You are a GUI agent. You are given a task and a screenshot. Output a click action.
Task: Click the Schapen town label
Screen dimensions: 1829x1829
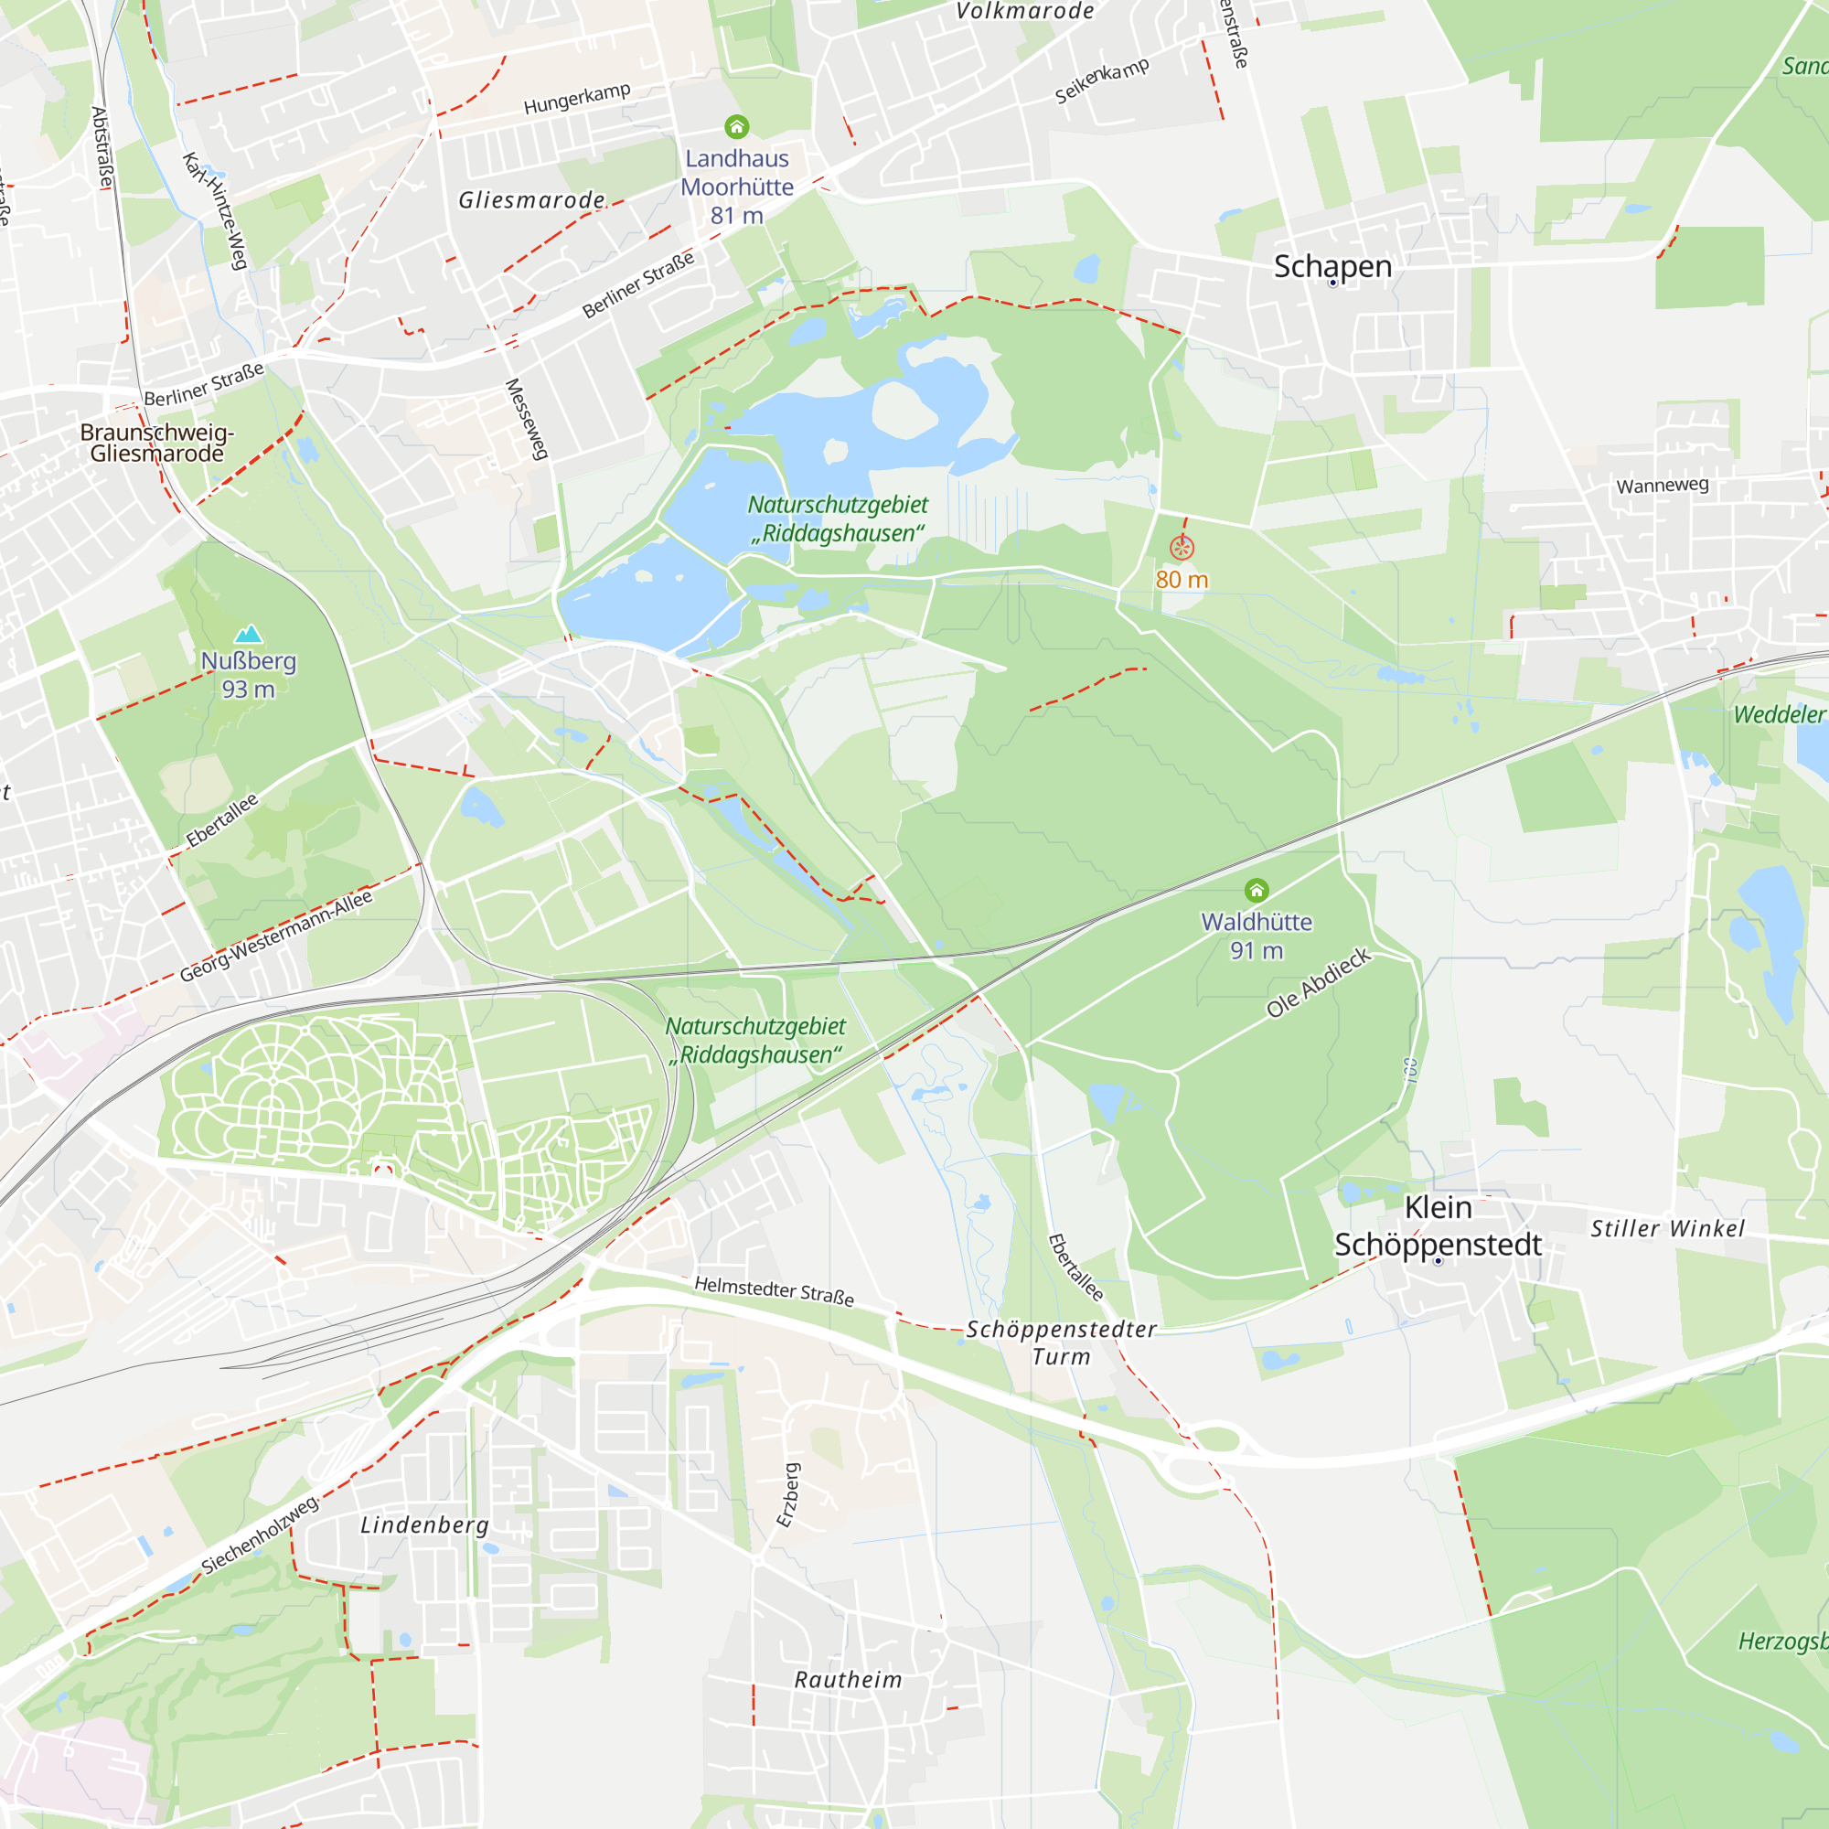point(1332,267)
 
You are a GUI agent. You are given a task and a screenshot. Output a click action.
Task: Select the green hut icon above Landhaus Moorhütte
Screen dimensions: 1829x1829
point(736,126)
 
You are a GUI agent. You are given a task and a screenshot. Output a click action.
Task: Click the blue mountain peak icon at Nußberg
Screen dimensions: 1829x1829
point(248,634)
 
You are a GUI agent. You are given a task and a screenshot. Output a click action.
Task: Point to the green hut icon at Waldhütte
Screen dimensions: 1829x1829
point(1257,889)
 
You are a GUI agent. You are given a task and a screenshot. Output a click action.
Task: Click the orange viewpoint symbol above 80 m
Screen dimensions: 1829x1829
point(1182,547)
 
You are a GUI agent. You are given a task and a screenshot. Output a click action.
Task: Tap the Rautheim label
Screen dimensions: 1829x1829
point(848,1680)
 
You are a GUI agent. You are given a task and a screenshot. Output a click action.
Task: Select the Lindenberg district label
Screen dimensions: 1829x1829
point(425,1525)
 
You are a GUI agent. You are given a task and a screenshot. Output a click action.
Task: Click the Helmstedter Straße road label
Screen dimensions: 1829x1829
point(775,1290)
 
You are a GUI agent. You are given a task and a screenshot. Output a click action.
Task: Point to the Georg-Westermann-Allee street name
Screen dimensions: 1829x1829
point(276,936)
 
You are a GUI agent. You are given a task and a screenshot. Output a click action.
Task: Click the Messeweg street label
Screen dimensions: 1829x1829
point(528,420)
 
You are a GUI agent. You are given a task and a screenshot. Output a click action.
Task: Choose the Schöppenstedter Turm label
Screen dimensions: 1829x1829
point(1061,1342)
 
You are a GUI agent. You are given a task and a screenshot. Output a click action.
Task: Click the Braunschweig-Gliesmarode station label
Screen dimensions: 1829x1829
point(157,443)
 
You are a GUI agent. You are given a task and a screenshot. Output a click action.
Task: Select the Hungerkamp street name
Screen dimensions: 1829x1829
point(576,99)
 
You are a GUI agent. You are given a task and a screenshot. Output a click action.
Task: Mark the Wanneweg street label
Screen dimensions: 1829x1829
point(1663,486)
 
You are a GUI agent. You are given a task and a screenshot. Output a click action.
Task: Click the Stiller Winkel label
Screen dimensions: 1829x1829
point(1667,1229)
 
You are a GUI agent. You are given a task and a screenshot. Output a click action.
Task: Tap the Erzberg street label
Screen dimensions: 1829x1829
point(787,1495)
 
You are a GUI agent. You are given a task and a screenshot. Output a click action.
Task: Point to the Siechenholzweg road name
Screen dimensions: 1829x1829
point(261,1535)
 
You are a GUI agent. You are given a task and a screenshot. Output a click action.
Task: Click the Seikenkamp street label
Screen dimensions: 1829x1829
point(1102,80)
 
